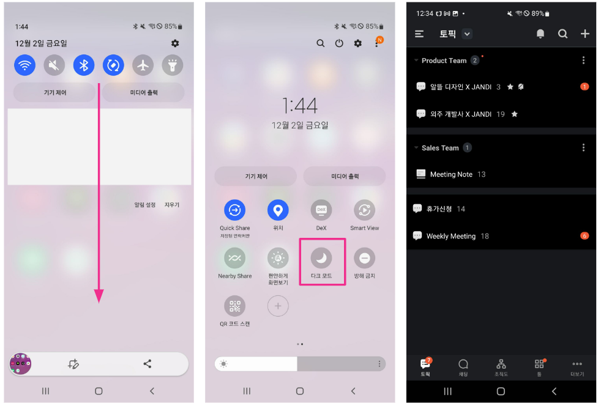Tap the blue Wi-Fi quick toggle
click(x=25, y=65)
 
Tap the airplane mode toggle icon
click(x=143, y=65)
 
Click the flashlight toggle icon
click(x=173, y=65)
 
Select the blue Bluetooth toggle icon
click(x=84, y=65)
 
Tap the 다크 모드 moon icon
click(x=321, y=258)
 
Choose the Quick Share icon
click(x=234, y=210)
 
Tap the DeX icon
click(x=321, y=210)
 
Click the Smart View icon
click(x=364, y=210)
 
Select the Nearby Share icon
click(x=234, y=258)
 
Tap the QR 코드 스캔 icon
click(x=234, y=306)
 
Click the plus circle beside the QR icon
click(x=278, y=306)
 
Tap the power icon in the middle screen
click(x=339, y=43)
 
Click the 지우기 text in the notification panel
click(x=171, y=205)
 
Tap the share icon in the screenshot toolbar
click(x=148, y=364)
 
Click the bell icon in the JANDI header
click(x=540, y=34)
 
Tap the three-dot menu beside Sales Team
click(x=583, y=147)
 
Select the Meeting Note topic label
click(x=451, y=174)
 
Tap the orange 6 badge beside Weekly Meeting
click(x=585, y=236)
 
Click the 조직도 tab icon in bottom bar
click(x=501, y=364)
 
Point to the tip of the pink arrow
click(x=99, y=303)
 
